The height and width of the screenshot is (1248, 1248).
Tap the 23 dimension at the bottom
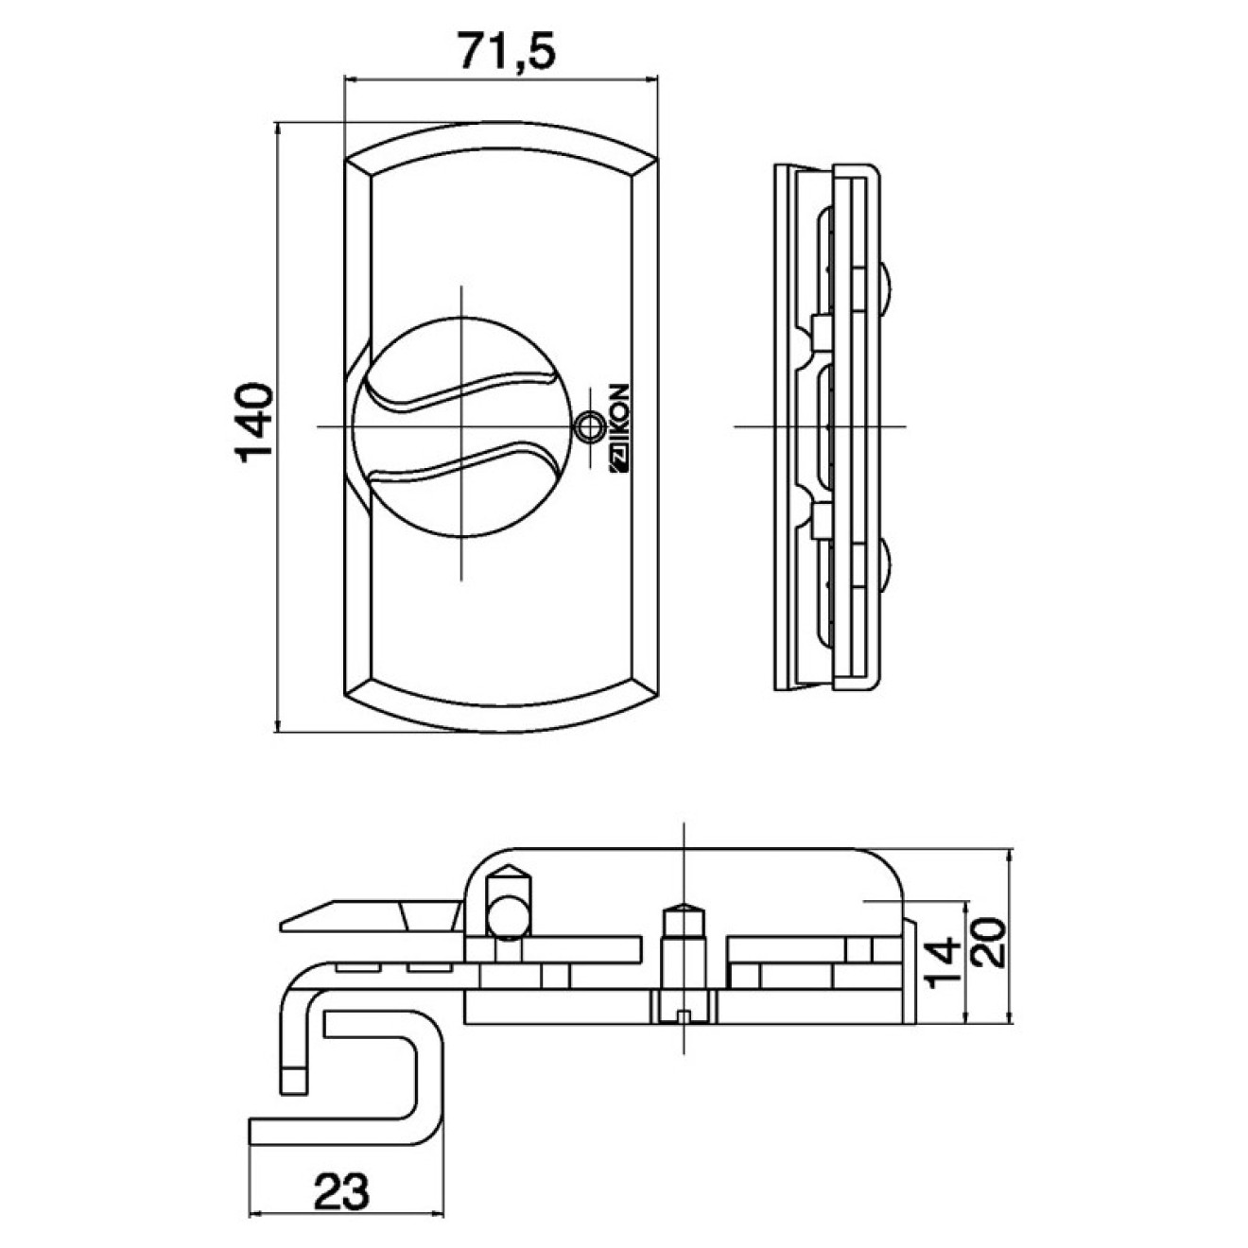coord(341,1190)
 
